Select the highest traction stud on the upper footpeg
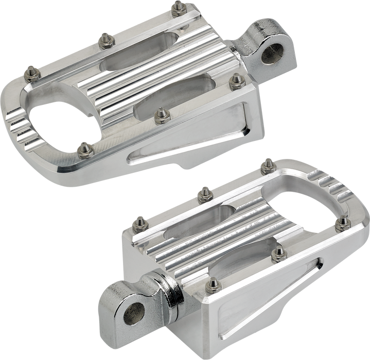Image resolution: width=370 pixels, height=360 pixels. tap(178, 6)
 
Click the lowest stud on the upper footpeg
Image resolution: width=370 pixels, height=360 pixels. tap(83, 149)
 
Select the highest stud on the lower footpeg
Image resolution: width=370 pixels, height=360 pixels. tap(266, 164)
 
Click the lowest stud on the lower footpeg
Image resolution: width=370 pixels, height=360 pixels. tap(212, 283)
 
